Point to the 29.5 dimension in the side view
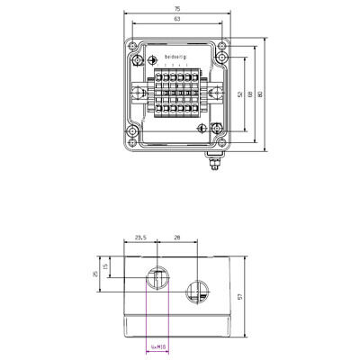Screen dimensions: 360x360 coord(140,237)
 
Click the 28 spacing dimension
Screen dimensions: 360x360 coord(176,237)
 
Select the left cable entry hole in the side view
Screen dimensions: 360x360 coord(157,280)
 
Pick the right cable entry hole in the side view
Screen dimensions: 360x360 coord(196,290)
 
